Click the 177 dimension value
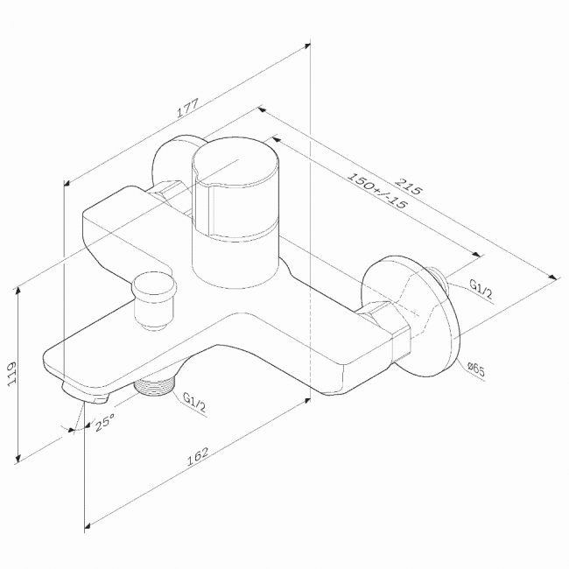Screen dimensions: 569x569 [x=188, y=108]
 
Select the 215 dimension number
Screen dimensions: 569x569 [x=408, y=186]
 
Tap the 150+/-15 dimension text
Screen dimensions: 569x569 [x=377, y=190]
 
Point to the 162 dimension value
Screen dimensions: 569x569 [x=198, y=456]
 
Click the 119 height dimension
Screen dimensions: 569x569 [x=13, y=374]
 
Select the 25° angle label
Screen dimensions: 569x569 [x=105, y=422]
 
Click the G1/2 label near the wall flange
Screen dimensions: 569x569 [x=481, y=289]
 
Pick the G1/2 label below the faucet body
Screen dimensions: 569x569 [x=194, y=402]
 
